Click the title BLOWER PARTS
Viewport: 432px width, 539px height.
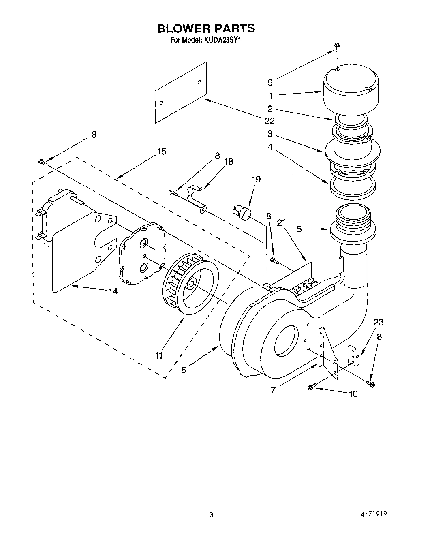click(x=206, y=28)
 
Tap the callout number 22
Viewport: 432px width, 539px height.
click(x=269, y=121)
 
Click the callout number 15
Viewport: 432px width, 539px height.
click(x=161, y=152)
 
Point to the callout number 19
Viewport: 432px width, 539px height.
click(x=256, y=179)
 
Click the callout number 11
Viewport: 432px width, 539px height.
click(x=159, y=355)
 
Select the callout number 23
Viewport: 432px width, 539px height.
click(x=379, y=323)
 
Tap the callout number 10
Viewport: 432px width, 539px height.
click(x=353, y=394)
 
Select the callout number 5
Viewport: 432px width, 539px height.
click(x=299, y=229)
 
